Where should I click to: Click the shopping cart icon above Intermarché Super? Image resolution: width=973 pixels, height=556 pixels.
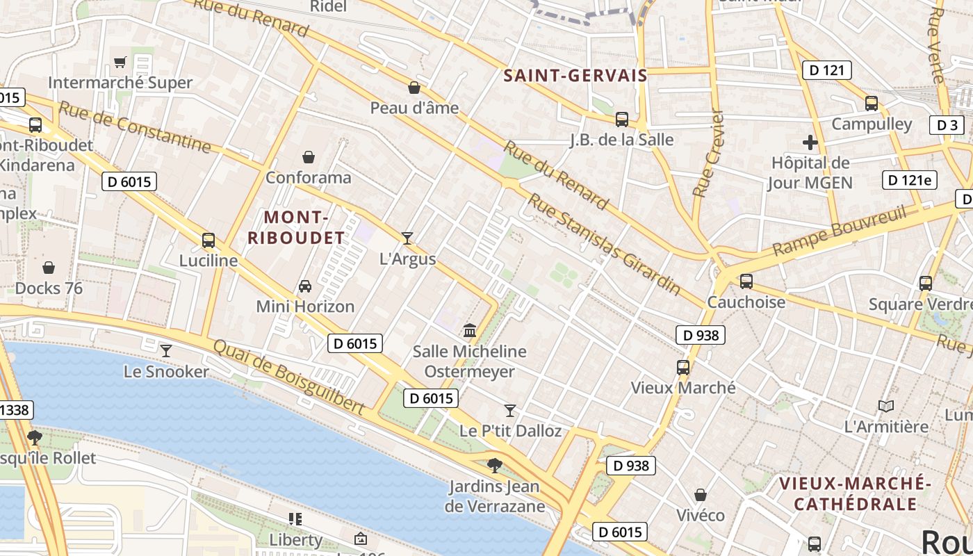tap(120, 63)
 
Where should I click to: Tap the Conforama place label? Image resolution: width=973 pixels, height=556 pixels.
tap(309, 177)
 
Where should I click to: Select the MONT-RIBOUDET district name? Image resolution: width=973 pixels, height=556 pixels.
tap(296, 227)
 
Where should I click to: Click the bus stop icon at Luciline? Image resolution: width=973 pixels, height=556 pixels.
tap(208, 240)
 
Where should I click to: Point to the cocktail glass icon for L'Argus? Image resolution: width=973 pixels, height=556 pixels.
tap(407, 238)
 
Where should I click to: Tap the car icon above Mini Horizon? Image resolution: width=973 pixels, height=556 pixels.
tap(304, 286)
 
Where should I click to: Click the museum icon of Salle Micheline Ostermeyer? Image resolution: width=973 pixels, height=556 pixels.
tap(470, 331)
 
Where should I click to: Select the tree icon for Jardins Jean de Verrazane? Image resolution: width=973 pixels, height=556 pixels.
tap(495, 465)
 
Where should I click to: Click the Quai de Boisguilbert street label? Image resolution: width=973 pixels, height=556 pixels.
tap(288, 377)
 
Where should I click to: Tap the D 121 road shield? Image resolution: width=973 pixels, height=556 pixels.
tap(826, 69)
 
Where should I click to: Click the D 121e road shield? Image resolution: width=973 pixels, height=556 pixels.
tap(909, 180)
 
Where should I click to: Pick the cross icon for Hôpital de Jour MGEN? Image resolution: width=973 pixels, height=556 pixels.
tap(810, 142)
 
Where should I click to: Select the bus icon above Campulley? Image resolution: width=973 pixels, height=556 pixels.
tap(872, 104)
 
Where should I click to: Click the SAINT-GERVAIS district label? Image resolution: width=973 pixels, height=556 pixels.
tap(575, 76)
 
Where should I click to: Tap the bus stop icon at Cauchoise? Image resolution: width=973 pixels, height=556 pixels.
tap(746, 281)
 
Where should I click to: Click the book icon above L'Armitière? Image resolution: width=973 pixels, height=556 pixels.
tap(886, 406)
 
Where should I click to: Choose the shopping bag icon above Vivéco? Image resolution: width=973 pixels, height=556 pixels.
tap(701, 495)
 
